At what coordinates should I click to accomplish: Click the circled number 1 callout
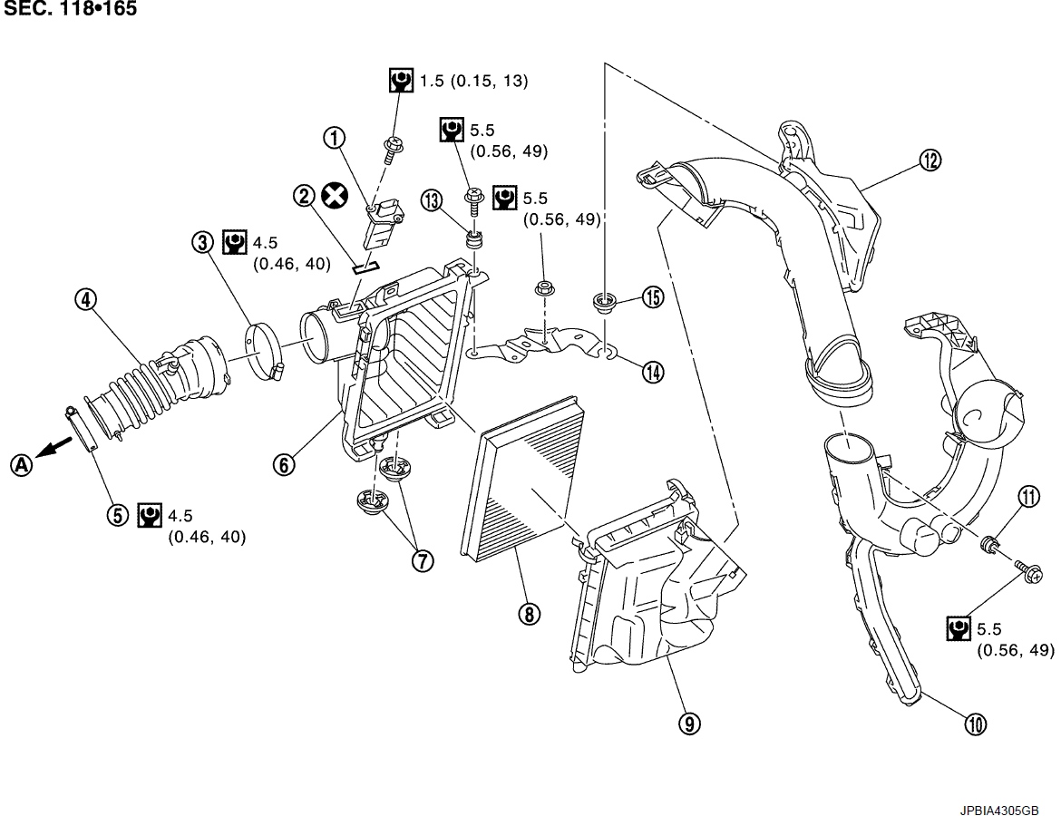336,138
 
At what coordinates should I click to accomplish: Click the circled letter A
20,464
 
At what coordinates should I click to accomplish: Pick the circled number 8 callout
530,614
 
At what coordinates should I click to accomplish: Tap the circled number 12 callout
930,160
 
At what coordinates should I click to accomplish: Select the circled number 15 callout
653,296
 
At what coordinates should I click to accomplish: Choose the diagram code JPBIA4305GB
1000,810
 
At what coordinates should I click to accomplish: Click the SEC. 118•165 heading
69,10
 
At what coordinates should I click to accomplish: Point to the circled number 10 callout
975,724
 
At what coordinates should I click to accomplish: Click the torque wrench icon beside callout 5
150,516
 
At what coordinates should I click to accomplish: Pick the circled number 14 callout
653,371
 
